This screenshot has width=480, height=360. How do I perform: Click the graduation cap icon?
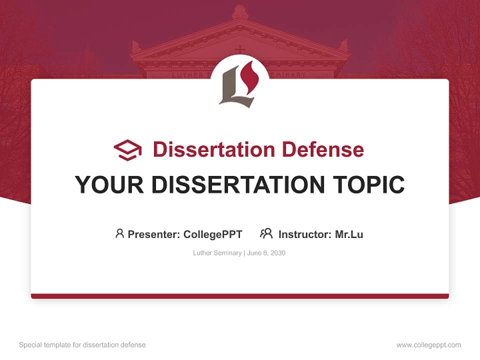pyautogui.click(x=127, y=149)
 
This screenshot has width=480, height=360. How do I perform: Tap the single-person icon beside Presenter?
pyautogui.click(x=119, y=233)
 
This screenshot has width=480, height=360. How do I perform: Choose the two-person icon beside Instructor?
pyautogui.click(x=266, y=233)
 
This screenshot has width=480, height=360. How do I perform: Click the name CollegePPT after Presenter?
pyautogui.click(x=213, y=234)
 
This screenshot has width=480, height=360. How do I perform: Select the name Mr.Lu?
pyautogui.click(x=349, y=234)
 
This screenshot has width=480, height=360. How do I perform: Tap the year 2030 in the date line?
pyautogui.click(x=277, y=253)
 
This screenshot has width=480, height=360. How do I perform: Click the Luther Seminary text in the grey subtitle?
pyautogui.click(x=217, y=253)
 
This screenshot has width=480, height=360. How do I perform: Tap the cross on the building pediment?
pyautogui.click(x=240, y=49)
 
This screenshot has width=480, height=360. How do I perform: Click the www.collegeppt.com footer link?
pyautogui.click(x=428, y=345)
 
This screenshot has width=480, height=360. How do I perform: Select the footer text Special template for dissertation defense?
pyautogui.click(x=82, y=345)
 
